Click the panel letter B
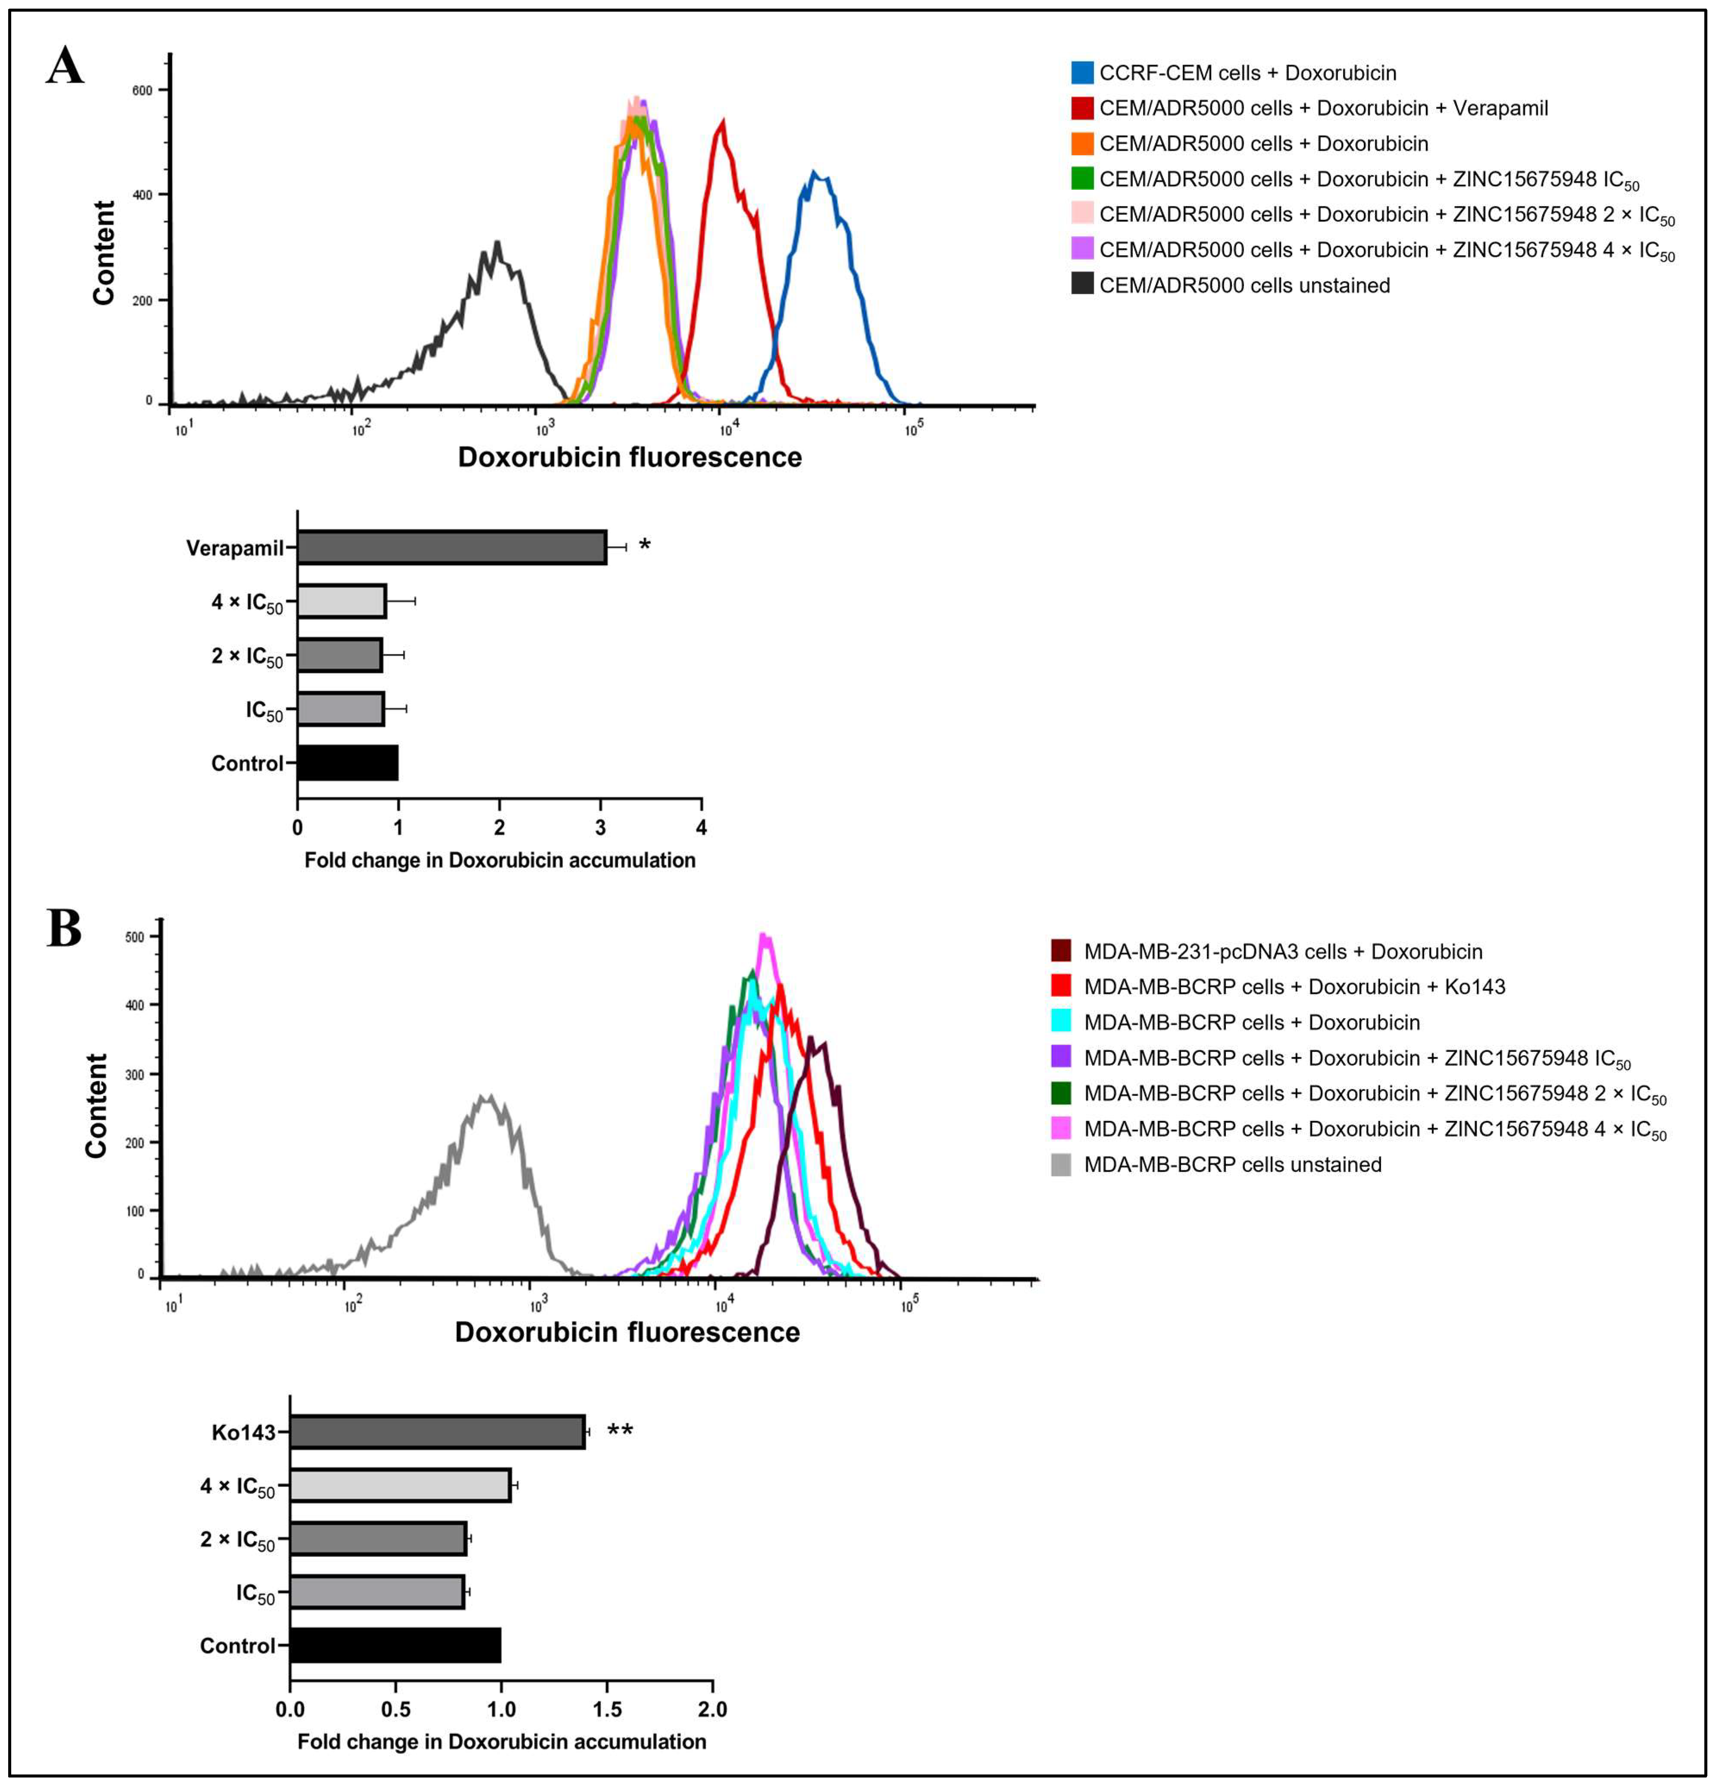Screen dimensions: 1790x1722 pyautogui.click(x=64, y=929)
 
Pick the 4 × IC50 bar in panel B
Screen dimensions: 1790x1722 pyautogui.click(x=400, y=1486)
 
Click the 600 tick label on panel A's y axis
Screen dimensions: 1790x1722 pyautogui.click(x=142, y=91)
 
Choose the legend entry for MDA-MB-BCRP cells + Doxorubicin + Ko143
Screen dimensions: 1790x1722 pyautogui.click(x=1294, y=986)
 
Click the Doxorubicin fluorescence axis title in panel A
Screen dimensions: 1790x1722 pyautogui.click(x=629, y=457)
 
